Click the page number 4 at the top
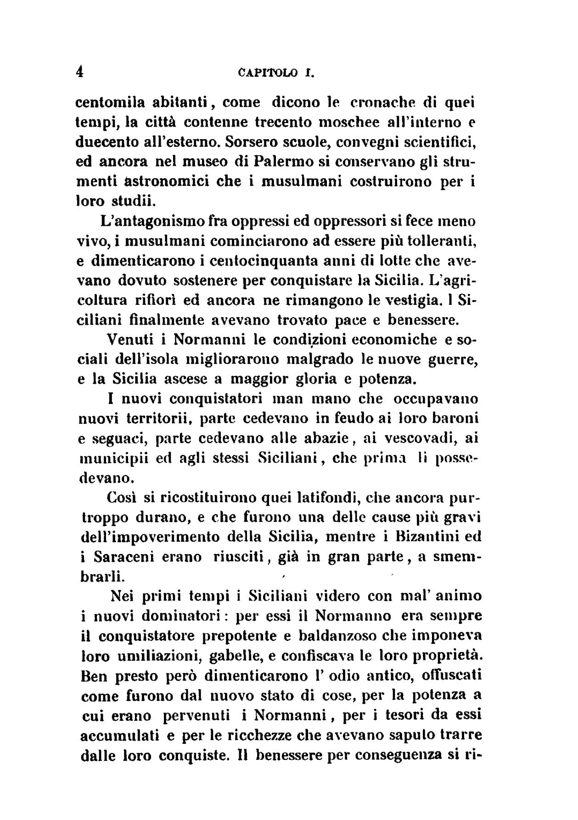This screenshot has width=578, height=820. (80, 73)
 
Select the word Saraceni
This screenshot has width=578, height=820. (125, 556)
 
